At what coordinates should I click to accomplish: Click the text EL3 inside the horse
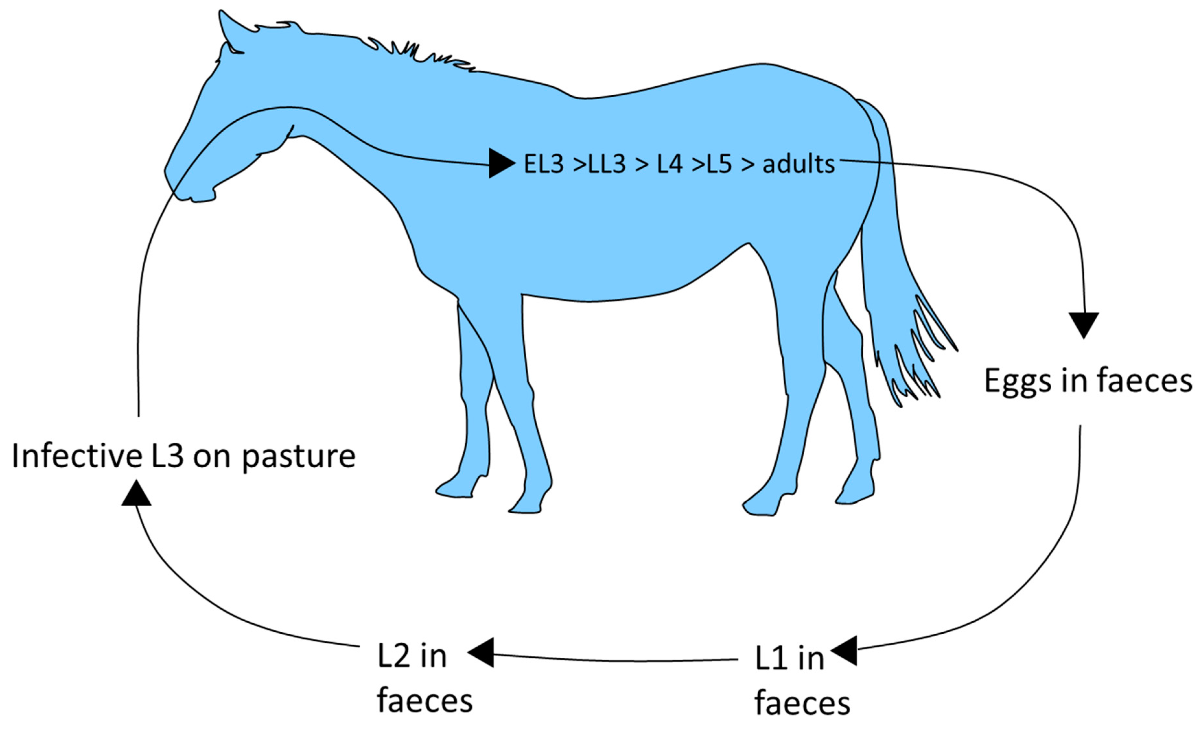coord(543,164)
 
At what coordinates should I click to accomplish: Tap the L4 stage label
coord(669,164)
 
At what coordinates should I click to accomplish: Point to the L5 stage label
coord(719,164)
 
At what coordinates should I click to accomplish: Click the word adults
coord(799,164)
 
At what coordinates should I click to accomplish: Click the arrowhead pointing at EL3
coord(501,163)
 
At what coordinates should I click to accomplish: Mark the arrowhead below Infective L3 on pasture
coord(136,494)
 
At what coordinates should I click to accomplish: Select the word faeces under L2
coord(425,701)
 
